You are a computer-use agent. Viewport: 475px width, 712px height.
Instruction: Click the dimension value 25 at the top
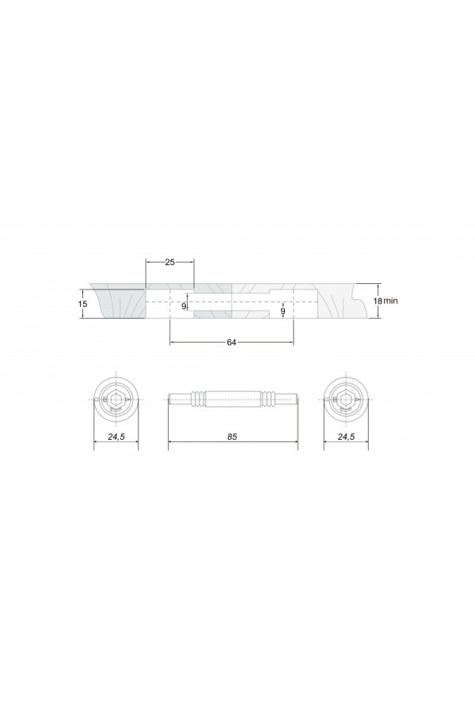tap(169, 263)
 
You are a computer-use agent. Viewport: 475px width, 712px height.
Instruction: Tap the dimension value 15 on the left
tap(82, 304)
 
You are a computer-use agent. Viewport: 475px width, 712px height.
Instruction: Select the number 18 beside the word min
tap(378, 301)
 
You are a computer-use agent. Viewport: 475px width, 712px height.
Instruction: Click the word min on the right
tap(390, 301)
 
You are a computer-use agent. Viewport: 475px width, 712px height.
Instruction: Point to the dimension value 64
tap(231, 343)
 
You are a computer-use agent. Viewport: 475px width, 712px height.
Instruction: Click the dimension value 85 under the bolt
tap(232, 437)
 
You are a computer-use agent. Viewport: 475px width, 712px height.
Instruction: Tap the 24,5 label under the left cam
tap(116, 437)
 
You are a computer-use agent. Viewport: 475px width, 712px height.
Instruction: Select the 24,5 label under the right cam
tap(347, 437)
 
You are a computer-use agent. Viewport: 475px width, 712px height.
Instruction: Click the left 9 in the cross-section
tap(184, 306)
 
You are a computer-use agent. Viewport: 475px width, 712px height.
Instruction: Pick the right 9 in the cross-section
tap(283, 311)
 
